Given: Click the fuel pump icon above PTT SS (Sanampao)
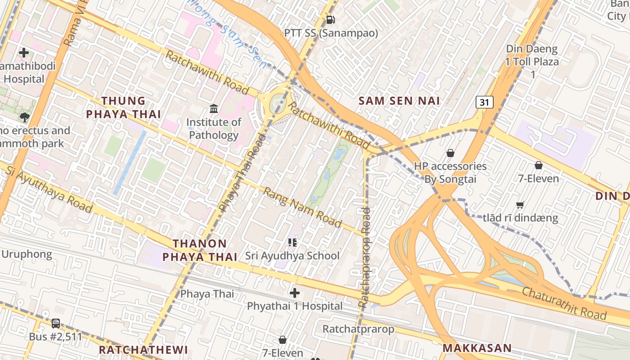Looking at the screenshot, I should click(x=330, y=19).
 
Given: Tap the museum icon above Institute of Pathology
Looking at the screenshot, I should click(x=214, y=108).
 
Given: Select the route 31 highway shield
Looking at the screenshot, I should click(x=484, y=102).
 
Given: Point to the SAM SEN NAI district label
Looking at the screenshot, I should click(x=399, y=101).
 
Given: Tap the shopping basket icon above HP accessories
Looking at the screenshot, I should click(x=450, y=153).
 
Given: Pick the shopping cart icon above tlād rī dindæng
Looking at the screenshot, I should click(x=520, y=205).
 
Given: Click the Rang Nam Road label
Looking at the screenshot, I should click(x=302, y=207).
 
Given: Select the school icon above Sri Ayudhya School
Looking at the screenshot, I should click(x=292, y=243).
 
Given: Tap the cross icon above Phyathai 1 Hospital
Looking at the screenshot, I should click(x=295, y=293).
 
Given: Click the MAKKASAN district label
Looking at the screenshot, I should click(x=477, y=348).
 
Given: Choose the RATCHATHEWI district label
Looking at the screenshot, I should click(x=143, y=350).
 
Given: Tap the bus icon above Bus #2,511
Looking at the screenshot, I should click(x=56, y=323).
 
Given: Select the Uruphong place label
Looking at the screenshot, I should click(x=27, y=254).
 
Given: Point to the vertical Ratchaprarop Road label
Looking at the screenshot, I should click(x=365, y=257).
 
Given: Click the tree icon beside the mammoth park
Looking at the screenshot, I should click(x=24, y=117).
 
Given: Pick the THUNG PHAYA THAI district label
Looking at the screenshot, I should click(x=123, y=107).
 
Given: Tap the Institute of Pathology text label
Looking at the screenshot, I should click(x=214, y=129).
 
